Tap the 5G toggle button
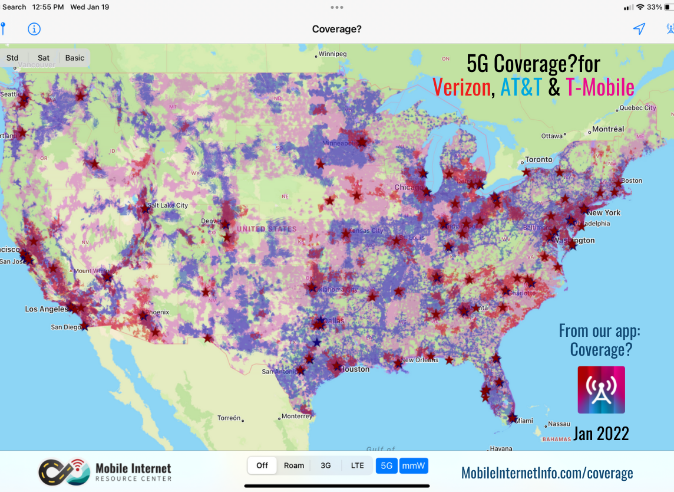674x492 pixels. tap(386, 465)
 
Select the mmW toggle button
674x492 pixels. tap(414, 465)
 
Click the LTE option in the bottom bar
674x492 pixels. tap(358, 465)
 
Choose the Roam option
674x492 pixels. tap(294, 465)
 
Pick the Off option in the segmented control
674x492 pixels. tap(262, 465)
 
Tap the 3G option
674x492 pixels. tap(326, 465)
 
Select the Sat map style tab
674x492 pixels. tap(44, 58)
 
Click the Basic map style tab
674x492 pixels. tap(75, 58)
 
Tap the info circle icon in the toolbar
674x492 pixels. tap(34, 29)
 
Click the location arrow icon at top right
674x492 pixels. tap(639, 29)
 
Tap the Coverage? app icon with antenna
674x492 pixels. tap(601, 389)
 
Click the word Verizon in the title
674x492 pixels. tap(461, 87)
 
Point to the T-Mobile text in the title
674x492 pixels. tap(600, 87)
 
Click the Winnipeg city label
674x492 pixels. tap(332, 54)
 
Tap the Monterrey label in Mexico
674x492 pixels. tap(296, 416)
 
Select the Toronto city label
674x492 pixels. tap(538, 159)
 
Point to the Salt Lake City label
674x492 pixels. tap(168, 205)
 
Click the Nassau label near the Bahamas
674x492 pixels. tap(559, 424)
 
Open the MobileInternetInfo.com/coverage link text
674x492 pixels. tap(547, 473)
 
